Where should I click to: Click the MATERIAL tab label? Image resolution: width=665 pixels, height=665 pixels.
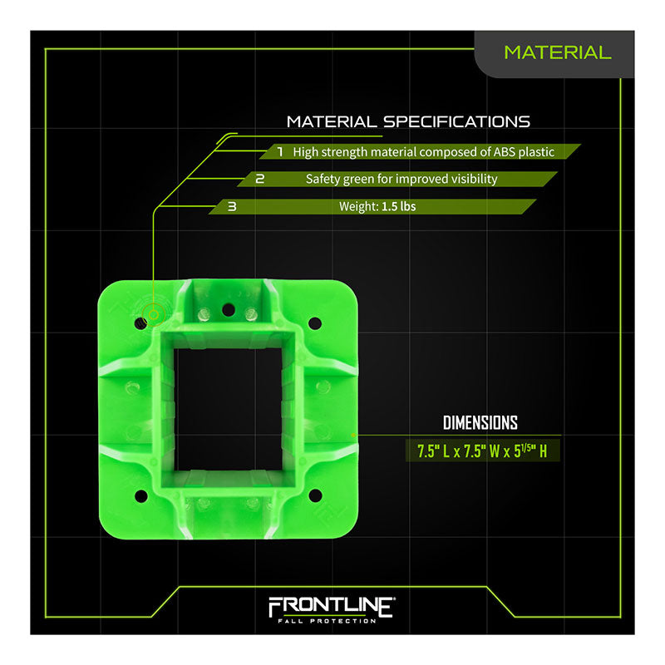557,52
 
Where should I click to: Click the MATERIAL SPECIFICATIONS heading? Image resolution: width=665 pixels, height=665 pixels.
408,121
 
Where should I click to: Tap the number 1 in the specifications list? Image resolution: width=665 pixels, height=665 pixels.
280,151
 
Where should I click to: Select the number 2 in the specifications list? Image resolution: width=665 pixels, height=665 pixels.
259,179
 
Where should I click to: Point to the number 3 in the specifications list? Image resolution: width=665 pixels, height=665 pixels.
231,206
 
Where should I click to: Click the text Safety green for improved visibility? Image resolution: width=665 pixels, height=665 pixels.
401,179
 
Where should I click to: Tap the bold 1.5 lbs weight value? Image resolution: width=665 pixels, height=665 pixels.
399,206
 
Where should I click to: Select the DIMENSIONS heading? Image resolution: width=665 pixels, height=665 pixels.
480,422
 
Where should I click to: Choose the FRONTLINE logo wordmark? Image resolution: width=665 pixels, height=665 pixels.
331,608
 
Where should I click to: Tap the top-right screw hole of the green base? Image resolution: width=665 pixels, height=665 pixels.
314,322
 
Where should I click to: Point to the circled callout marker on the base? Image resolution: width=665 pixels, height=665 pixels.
153,314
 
